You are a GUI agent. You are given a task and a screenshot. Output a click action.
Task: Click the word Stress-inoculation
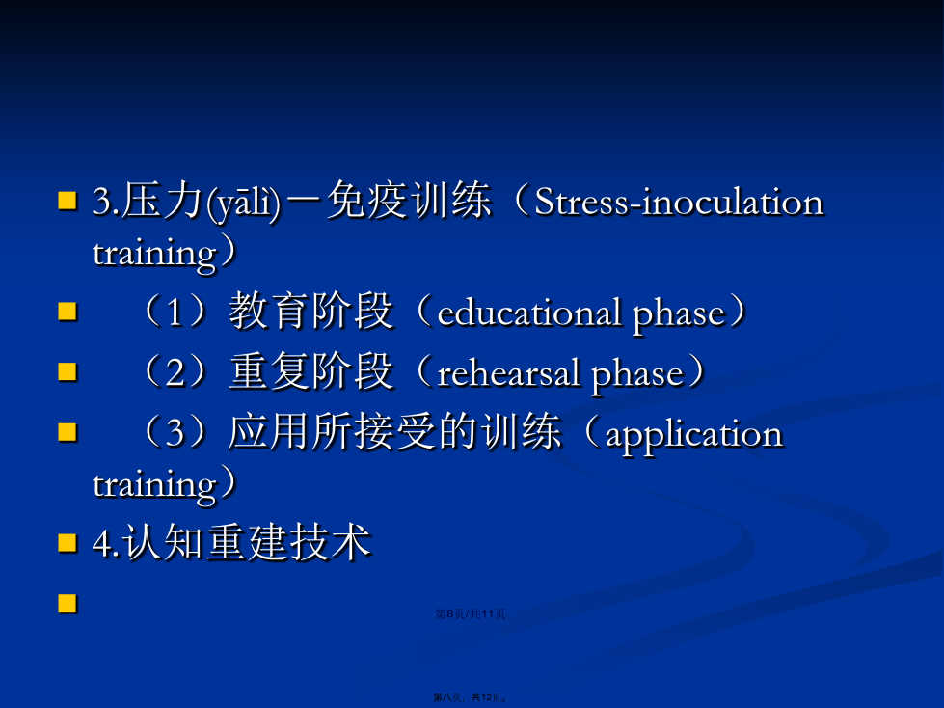click(679, 202)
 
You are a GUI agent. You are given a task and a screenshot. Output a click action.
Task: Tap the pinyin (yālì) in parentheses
click(243, 203)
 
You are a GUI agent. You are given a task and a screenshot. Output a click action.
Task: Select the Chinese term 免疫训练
click(409, 201)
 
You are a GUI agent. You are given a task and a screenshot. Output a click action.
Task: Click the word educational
click(529, 313)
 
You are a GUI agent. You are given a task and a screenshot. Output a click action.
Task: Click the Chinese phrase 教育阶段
click(311, 311)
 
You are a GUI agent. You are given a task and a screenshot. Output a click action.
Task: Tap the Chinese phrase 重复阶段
click(311, 371)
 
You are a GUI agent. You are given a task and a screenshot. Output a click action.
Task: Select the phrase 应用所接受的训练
click(395, 432)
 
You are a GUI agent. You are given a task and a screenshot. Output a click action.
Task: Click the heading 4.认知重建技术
click(231, 542)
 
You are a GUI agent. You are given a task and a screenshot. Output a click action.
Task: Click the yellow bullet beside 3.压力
click(67, 201)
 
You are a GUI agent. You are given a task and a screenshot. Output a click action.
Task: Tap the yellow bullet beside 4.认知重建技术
click(67, 542)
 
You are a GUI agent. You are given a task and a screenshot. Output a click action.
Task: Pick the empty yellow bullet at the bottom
click(67, 603)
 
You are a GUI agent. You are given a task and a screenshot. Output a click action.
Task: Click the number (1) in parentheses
click(174, 312)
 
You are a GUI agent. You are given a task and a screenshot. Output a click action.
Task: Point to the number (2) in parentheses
click(174, 372)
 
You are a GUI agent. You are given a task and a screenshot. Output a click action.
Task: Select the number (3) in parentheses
click(174, 433)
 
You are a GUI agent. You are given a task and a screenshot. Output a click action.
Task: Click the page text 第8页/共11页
click(471, 614)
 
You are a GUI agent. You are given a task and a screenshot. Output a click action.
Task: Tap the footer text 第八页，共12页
click(471, 697)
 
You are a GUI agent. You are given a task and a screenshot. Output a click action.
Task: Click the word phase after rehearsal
click(637, 375)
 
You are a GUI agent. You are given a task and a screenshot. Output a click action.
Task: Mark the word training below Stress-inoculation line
click(154, 254)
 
